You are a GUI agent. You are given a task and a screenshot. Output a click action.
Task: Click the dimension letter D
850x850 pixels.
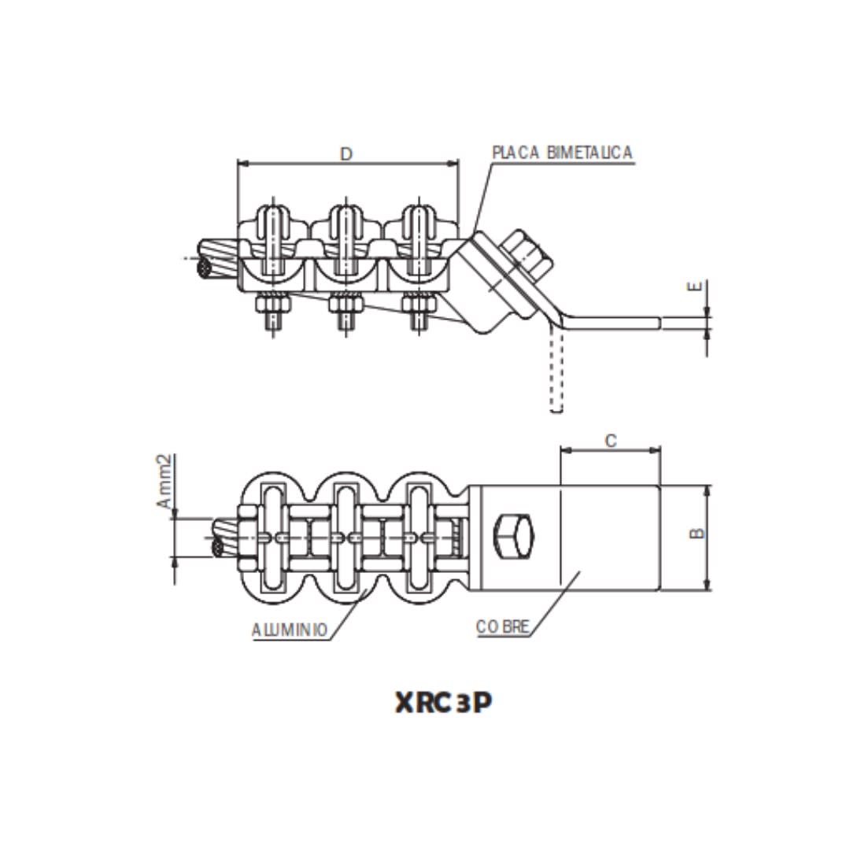point(346,154)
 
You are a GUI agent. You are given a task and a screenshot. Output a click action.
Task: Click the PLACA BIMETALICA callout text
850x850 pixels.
point(562,153)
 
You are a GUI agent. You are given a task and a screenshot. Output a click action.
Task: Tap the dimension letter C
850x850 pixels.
point(611,441)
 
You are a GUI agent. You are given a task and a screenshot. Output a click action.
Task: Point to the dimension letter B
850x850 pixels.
point(697,534)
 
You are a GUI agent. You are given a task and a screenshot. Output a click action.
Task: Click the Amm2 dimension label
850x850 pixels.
point(164,482)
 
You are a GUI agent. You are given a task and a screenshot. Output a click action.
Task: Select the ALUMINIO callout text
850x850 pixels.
point(290,630)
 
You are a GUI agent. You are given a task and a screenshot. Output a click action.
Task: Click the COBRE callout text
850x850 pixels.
point(503,627)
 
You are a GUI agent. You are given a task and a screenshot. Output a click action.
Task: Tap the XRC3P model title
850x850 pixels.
point(443,703)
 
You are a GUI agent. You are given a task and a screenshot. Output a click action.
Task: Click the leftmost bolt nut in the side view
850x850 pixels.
point(272,302)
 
